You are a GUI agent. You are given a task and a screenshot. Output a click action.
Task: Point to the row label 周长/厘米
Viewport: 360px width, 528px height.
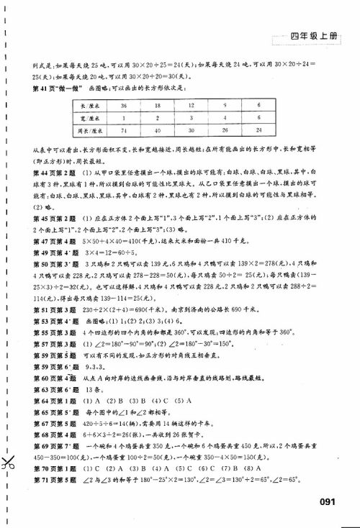90,130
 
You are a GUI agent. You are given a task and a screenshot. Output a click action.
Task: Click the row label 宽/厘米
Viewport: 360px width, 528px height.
90,117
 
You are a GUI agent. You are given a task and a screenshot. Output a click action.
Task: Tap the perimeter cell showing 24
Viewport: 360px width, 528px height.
256,130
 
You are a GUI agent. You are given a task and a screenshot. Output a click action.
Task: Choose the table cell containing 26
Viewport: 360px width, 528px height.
225,130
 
